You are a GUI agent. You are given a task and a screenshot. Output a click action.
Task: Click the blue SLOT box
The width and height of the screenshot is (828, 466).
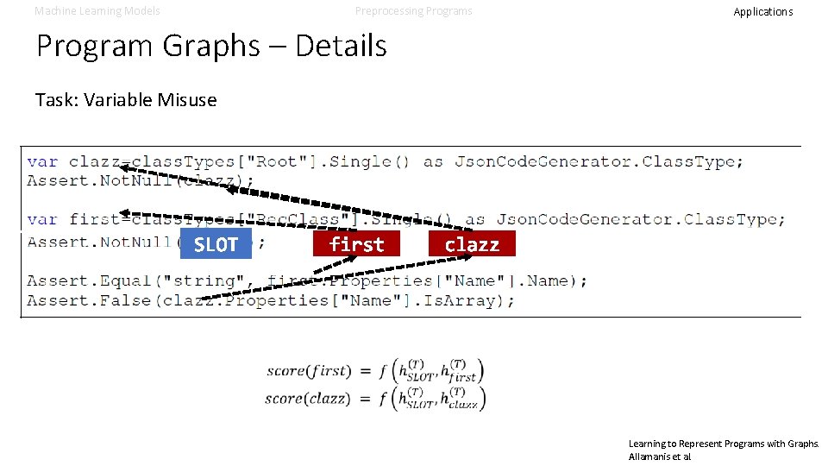[x=216, y=244]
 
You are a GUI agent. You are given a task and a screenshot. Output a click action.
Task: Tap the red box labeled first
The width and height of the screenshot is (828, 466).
[x=356, y=244]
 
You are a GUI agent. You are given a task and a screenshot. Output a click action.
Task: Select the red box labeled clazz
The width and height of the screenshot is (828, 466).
[x=472, y=244]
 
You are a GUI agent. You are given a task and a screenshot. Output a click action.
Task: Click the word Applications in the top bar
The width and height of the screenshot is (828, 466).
[x=762, y=12]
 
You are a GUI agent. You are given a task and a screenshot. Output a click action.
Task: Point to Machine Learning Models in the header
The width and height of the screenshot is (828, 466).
[x=97, y=11]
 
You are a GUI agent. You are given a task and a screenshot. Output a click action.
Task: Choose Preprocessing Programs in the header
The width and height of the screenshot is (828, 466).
[x=414, y=11]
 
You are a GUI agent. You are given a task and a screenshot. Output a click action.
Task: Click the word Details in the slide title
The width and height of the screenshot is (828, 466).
[x=341, y=46]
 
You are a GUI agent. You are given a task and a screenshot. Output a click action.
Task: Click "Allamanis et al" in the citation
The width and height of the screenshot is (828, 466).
[x=660, y=456]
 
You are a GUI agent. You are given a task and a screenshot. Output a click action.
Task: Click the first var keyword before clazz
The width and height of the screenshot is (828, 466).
[x=42, y=161]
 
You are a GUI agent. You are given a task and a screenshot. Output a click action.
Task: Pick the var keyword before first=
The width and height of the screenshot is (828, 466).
[x=42, y=219]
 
